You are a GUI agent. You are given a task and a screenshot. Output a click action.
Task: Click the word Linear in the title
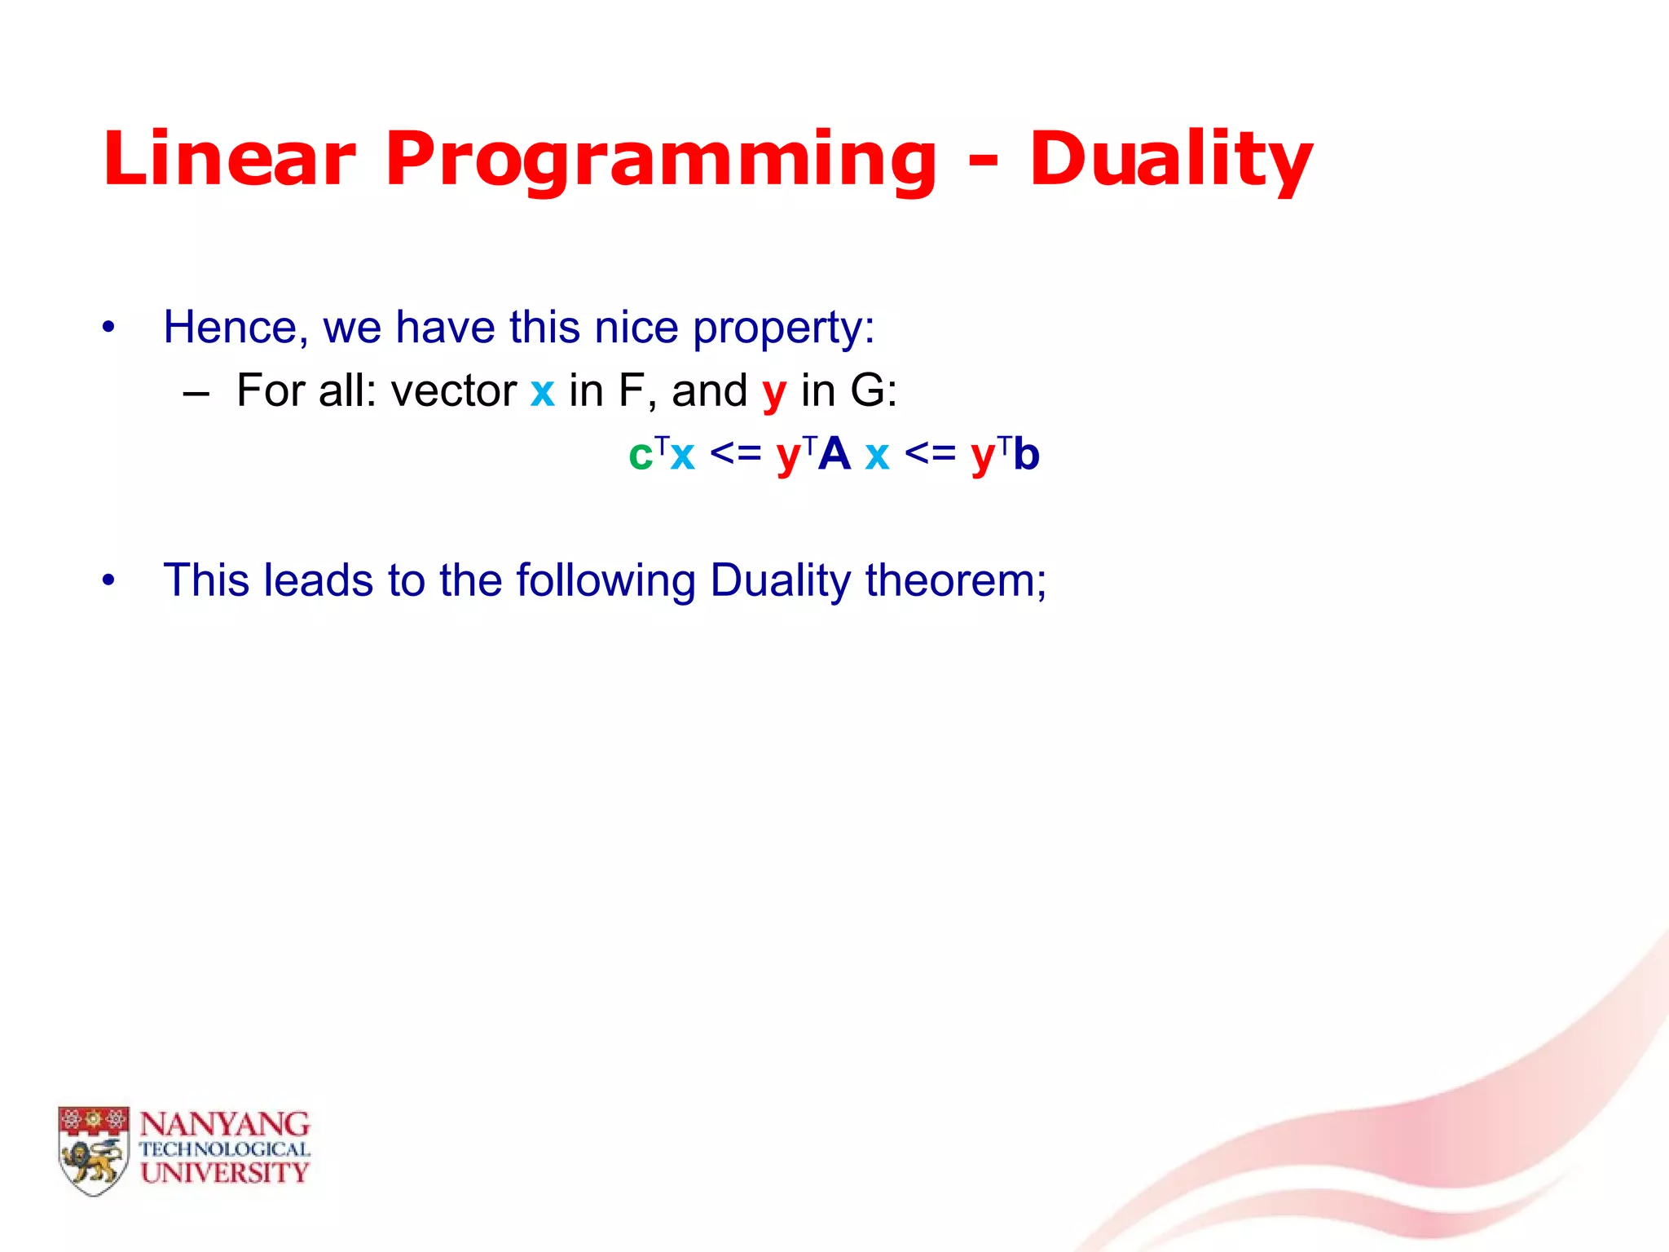[229, 158]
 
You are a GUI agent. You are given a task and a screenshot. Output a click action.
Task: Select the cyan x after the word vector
[542, 391]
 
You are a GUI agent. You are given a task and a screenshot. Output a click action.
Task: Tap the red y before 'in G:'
[774, 393]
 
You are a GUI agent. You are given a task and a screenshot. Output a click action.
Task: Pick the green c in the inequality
[641, 455]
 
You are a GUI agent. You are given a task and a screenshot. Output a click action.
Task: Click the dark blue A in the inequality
[834, 453]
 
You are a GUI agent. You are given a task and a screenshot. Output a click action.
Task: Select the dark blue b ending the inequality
[1027, 453]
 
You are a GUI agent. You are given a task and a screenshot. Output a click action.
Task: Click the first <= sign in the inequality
[735, 453]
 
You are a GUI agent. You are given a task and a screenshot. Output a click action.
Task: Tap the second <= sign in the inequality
[930, 453]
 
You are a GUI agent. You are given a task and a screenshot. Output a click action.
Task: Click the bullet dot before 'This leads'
[108, 581]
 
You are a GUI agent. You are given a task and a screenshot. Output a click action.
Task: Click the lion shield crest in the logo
[94, 1150]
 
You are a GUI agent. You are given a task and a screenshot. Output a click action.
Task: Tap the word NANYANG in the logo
[225, 1125]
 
